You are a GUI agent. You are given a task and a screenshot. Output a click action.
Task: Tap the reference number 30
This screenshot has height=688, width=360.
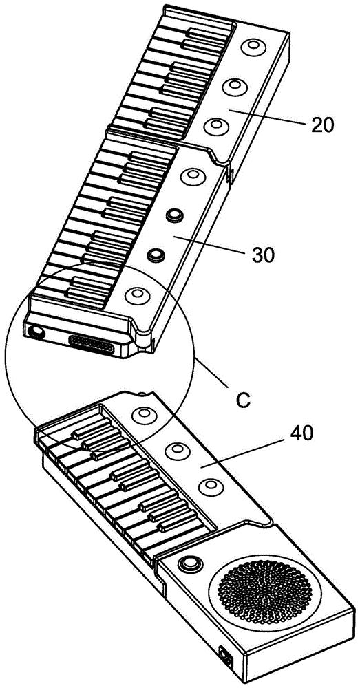(264, 254)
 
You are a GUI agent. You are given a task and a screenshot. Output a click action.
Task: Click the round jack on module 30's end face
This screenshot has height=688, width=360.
(36, 332)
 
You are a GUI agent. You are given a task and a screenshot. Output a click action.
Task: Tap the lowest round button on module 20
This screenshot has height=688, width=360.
(217, 127)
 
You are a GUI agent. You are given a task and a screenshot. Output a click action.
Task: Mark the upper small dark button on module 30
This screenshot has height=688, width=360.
(174, 215)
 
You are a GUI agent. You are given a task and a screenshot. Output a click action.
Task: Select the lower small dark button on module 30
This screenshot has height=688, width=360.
(155, 255)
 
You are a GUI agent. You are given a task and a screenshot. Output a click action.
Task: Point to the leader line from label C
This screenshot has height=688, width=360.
(211, 374)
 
